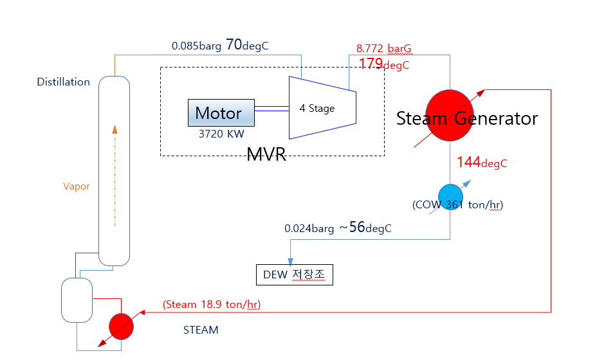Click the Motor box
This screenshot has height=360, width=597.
pos(221,113)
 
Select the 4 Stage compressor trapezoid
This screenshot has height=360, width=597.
pos(322,108)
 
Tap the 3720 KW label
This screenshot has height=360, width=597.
pos(221,134)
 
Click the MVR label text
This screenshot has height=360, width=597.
pos(266,154)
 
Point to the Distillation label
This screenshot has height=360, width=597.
pos(63,82)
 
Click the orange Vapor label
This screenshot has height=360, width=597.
pos(76,186)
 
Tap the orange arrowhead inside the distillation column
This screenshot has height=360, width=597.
pos(115,129)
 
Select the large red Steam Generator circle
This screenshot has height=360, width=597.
pos(450,115)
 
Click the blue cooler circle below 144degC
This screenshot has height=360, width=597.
pos(450,197)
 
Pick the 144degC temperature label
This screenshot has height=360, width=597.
pos(482,163)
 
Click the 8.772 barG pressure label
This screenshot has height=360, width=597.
pos(384,48)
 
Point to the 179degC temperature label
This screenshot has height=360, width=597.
pos(384,64)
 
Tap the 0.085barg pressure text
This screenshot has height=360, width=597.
pos(196,46)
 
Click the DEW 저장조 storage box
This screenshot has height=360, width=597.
pos(294,274)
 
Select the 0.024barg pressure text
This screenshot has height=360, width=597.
pos(309,229)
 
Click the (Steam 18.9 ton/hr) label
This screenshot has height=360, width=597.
pos(212,305)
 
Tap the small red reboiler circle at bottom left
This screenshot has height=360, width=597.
pos(121,327)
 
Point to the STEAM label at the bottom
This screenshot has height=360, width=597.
pos(201,330)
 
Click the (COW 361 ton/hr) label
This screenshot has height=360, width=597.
pos(457,204)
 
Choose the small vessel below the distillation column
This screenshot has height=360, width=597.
pos(77,300)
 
